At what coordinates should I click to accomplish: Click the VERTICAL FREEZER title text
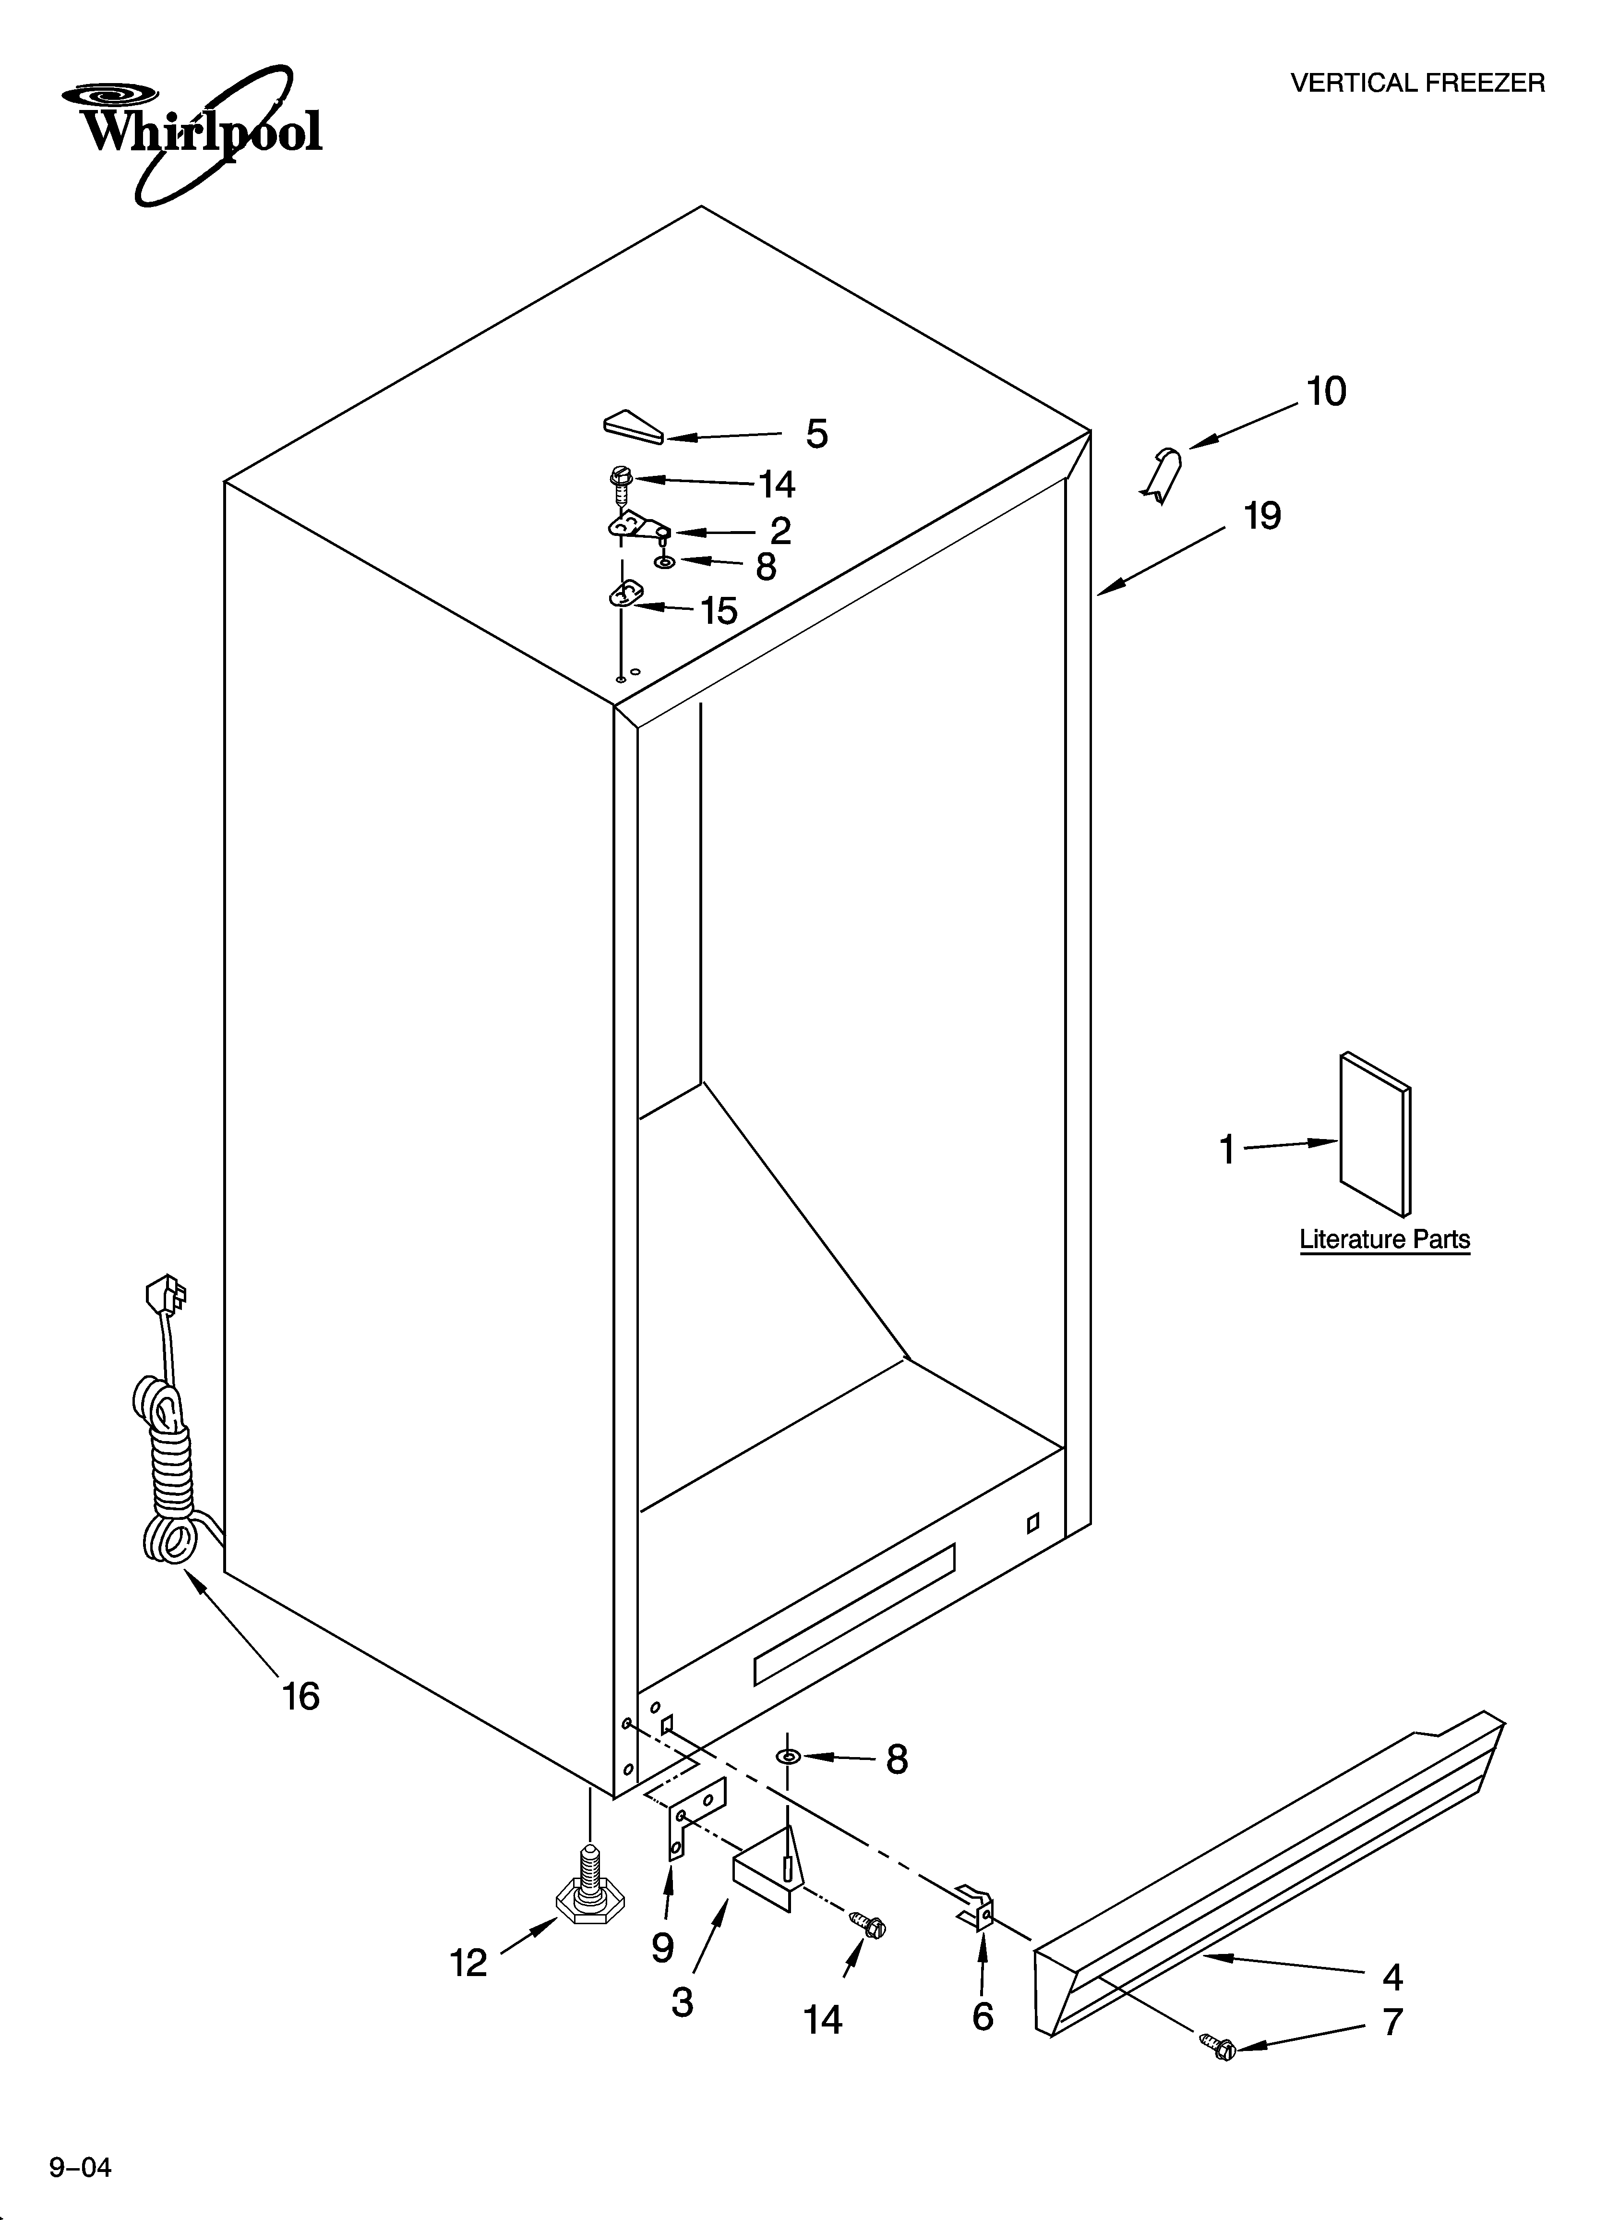click(1417, 83)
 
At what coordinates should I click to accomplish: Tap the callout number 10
click(1326, 391)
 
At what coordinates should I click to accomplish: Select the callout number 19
click(1262, 516)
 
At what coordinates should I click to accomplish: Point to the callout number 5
click(816, 434)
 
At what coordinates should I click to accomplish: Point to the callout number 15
click(719, 611)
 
